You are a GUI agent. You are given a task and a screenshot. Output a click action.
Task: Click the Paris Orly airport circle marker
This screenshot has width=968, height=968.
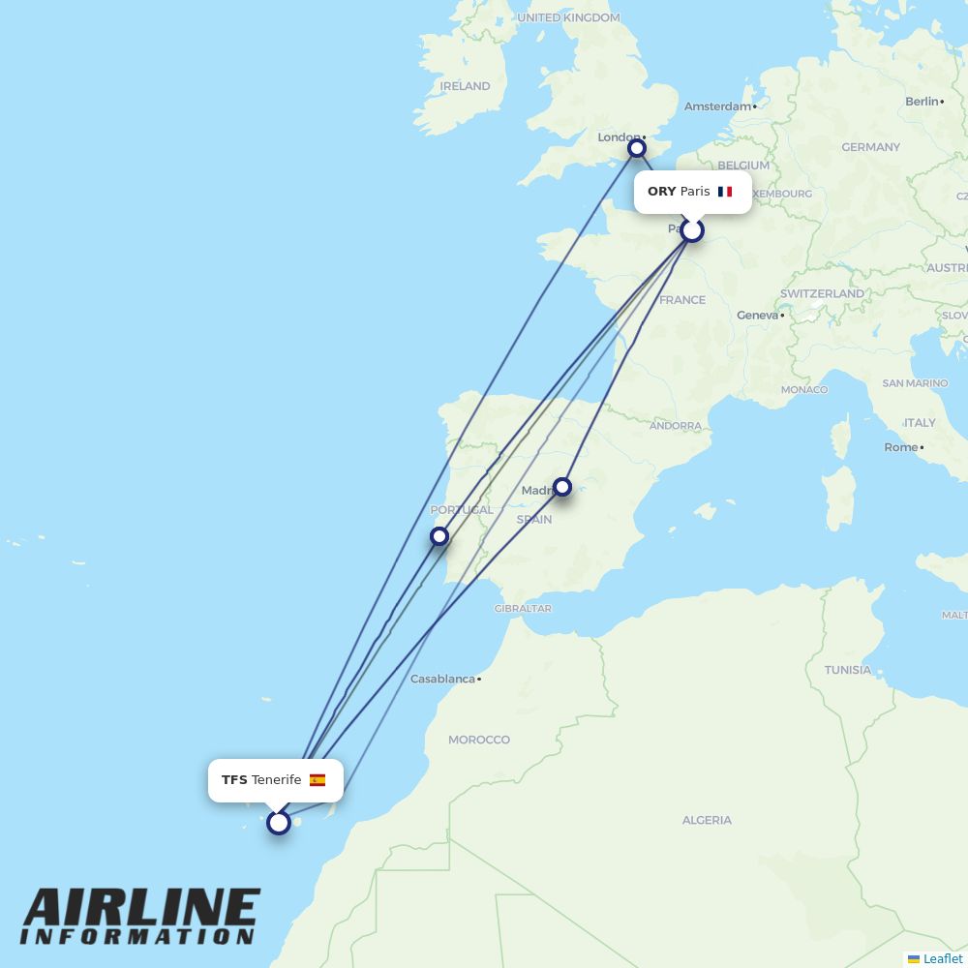[x=691, y=230]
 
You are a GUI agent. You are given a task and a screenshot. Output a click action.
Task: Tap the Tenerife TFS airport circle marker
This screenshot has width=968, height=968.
[x=279, y=823]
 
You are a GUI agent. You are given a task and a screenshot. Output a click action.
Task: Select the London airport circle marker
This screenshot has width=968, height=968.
[x=637, y=148]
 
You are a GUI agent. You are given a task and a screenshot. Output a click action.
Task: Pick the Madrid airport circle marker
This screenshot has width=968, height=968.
[x=562, y=487]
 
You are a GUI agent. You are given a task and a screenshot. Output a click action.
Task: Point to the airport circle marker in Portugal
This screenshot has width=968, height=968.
[x=439, y=536]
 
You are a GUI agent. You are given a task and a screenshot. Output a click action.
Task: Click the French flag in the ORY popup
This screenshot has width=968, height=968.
[x=725, y=192]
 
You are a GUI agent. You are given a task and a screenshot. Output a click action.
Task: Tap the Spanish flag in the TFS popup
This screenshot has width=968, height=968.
[x=318, y=780]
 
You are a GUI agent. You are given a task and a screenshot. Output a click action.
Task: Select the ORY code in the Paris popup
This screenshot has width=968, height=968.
[x=661, y=192]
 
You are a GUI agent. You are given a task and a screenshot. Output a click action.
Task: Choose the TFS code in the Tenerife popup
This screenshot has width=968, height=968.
[x=234, y=780]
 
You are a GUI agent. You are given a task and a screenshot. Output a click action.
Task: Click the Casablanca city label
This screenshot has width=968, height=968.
[x=442, y=679]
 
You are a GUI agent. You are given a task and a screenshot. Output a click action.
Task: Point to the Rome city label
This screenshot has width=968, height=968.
[x=900, y=447]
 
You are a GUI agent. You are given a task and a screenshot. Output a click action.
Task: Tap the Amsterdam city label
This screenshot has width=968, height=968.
[x=717, y=106]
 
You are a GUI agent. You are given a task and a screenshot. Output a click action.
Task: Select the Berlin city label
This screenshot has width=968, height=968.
[x=922, y=101]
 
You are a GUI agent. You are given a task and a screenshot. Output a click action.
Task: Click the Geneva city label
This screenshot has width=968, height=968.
[x=757, y=315]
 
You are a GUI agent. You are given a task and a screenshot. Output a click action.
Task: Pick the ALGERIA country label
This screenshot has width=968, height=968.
[x=707, y=820]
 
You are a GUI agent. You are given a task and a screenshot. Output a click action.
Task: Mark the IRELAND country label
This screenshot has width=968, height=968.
[x=465, y=86]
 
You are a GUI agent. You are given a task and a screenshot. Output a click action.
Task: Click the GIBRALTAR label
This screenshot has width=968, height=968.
[x=523, y=609]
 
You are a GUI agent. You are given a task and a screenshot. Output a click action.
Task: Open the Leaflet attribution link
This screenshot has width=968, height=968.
[x=942, y=958]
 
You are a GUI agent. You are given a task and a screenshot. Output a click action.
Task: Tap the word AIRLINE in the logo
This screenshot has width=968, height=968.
[x=141, y=908]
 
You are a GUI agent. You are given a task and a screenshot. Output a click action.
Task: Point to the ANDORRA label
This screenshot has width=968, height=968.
[x=676, y=426]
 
